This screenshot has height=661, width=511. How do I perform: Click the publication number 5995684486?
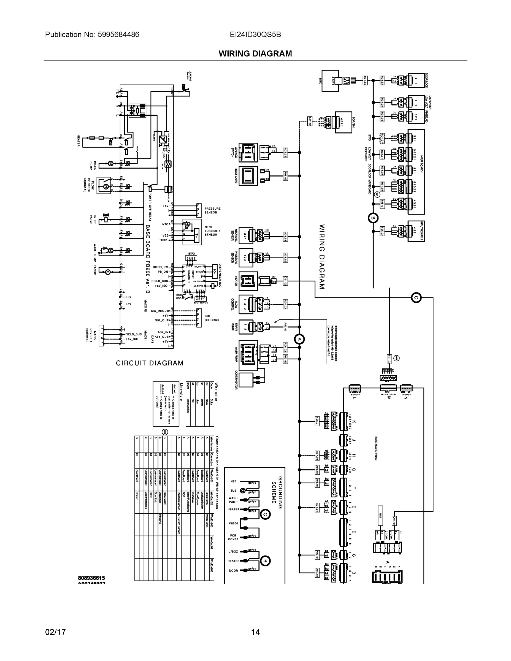click(x=118, y=34)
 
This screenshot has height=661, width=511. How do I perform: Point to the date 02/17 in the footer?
click(x=55, y=632)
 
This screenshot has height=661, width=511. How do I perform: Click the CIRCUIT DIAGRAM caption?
click(x=150, y=363)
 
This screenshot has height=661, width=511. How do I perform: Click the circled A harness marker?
click(x=299, y=339)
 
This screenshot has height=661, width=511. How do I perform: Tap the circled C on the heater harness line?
click(x=416, y=297)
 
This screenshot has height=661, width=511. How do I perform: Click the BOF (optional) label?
click(x=212, y=318)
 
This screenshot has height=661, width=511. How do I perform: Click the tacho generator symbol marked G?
click(x=107, y=272)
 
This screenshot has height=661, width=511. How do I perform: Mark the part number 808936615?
click(x=91, y=578)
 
